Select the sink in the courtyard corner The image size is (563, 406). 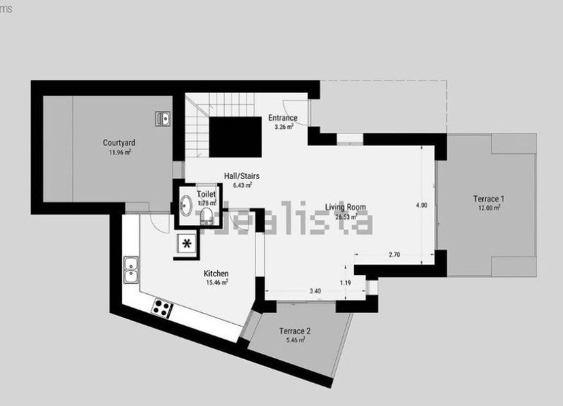tap(163, 118)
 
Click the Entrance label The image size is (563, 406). tap(282, 118)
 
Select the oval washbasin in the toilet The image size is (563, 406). tap(185, 206)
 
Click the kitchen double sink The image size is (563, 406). tap(131, 269)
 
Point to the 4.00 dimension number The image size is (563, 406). tap(421, 205)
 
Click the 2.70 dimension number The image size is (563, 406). tap(394, 255)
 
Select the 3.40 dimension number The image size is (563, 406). tap(315, 290)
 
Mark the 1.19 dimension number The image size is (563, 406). tap(345, 283)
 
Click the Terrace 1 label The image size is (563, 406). tap(488, 199)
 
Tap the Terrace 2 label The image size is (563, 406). tap(295, 330)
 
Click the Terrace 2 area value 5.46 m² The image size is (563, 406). tap(295, 340)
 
